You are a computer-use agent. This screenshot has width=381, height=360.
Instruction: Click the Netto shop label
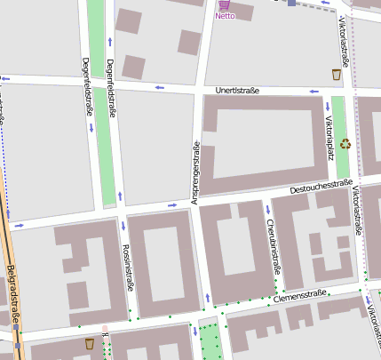click(225, 16)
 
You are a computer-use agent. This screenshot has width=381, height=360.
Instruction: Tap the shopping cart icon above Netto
click(224, 4)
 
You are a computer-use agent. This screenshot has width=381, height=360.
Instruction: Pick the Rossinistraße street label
click(127, 268)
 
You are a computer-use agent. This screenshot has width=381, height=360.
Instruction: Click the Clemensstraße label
click(301, 294)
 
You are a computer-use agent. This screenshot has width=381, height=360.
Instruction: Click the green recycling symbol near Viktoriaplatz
click(345, 142)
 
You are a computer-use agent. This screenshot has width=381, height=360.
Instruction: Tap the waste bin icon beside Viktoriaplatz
click(337, 75)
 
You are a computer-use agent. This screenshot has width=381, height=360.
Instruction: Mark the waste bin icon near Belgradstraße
click(89, 343)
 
